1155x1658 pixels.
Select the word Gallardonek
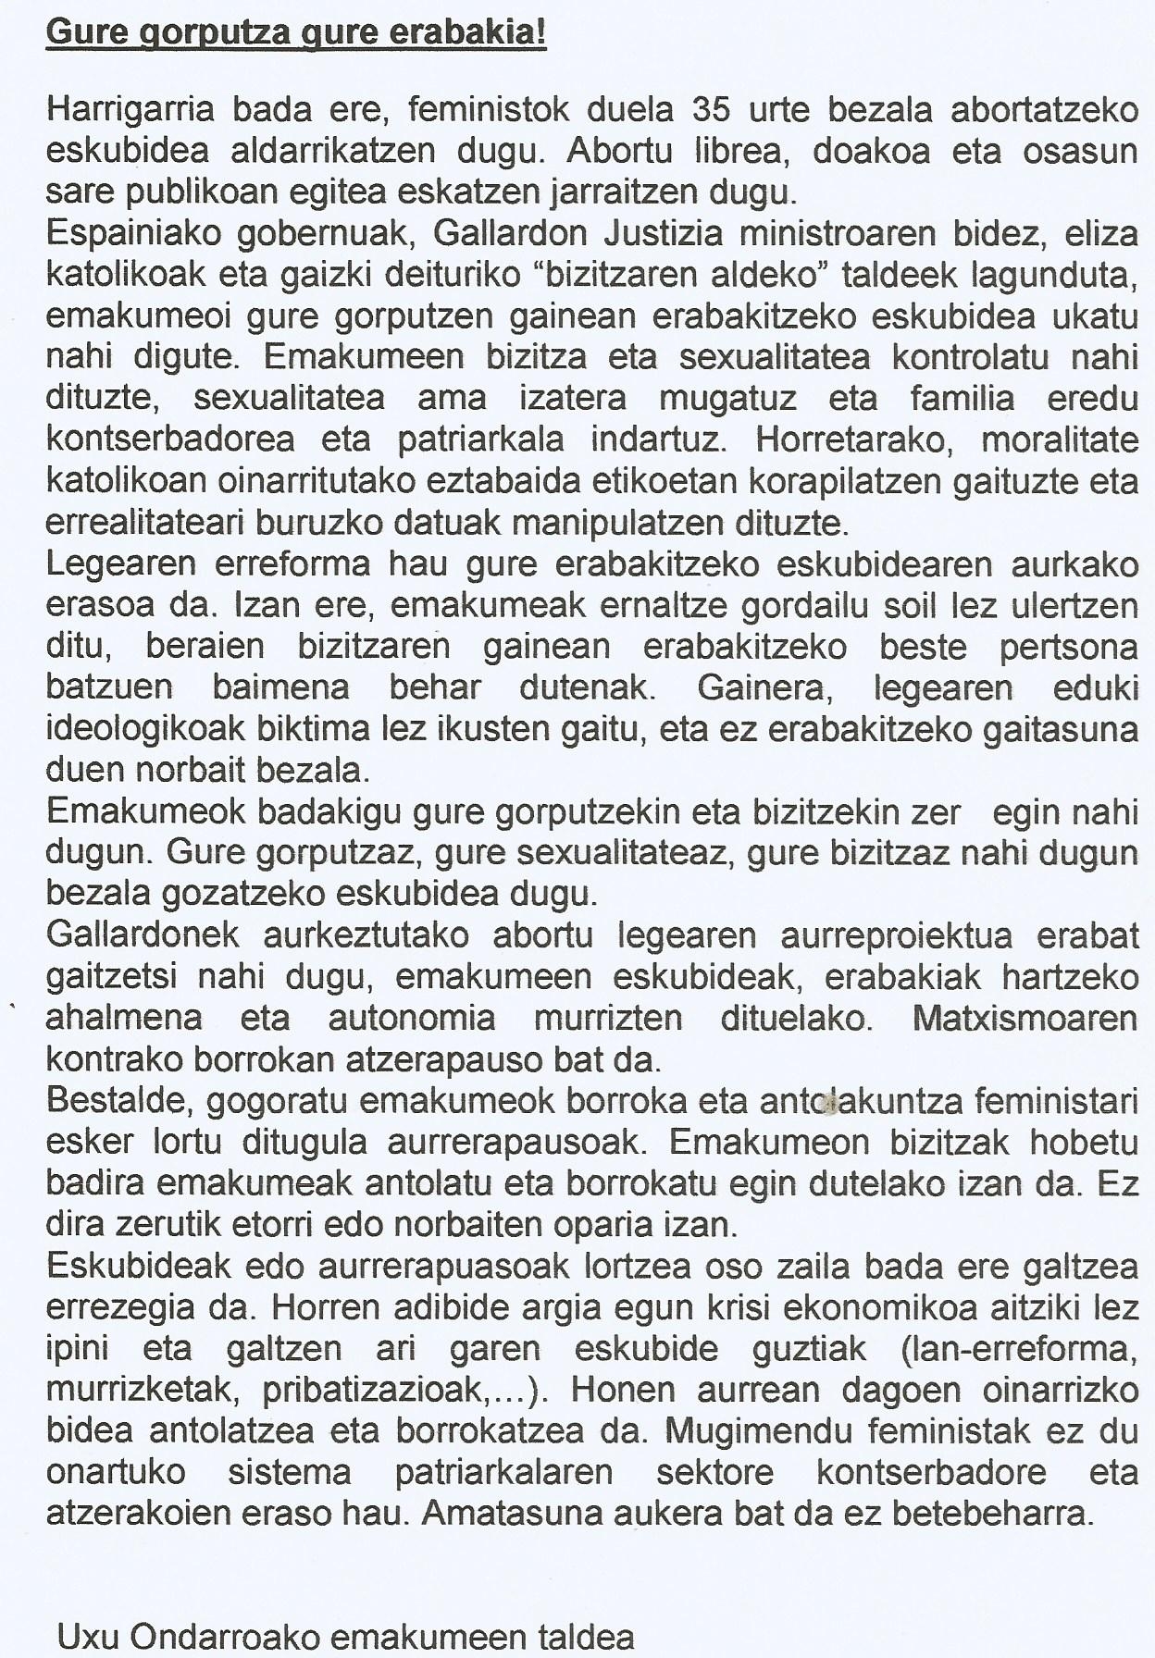click(x=143, y=935)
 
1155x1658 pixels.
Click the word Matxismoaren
click(x=1025, y=1018)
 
